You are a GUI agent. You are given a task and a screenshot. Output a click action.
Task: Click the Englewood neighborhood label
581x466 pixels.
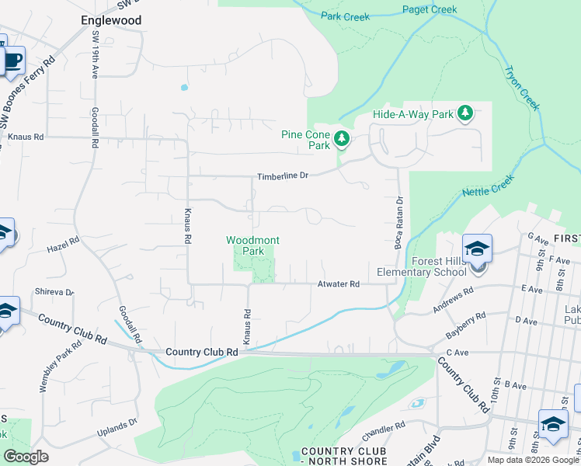(x=111, y=20)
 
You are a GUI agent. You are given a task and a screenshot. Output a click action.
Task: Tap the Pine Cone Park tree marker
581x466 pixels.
(x=341, y=140)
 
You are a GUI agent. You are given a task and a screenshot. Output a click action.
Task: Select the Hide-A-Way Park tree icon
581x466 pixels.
(x=465, y=114)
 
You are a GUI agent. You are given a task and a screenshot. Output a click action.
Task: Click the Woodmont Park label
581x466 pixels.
(x=252, y=245)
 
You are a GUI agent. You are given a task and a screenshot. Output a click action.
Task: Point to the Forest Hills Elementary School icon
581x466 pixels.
(x=477, y=249)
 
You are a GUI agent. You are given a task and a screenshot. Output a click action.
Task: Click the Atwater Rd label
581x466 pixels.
(x=338, y=284)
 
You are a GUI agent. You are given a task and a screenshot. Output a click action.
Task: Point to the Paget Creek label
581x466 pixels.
(x=430, y=10)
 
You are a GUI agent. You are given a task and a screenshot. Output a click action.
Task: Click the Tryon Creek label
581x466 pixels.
(x=521, y=88)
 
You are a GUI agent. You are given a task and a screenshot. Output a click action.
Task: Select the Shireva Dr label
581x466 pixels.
(x=54, y=292)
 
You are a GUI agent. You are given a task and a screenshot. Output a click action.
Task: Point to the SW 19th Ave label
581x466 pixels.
(x=95, y=55)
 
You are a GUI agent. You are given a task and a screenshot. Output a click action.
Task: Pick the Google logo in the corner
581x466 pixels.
(x=26, y=457)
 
